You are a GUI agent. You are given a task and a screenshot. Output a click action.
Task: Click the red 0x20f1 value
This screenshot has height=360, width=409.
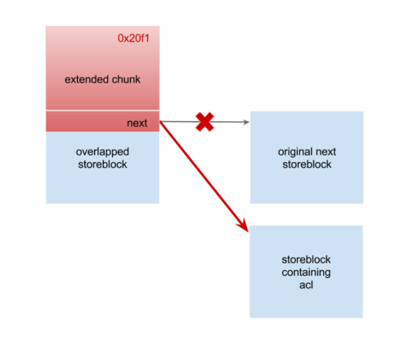pyautogui.click(x=133, y=38)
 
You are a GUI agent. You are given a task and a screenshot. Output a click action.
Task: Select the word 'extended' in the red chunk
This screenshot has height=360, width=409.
pyautogui.click(x=87, y=79)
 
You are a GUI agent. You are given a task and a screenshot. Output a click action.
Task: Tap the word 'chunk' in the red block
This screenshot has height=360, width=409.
pyautogui.click(x=126, y=79)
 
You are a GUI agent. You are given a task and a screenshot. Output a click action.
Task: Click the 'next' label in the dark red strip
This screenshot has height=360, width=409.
pyautogui.click(x=137, y=123)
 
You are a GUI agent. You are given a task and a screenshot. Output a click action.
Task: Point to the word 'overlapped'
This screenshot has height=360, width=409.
pyautogui.click(x=102, y=152)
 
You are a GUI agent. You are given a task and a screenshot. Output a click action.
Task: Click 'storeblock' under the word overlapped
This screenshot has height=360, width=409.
pyautogui.click(x=102, y=164)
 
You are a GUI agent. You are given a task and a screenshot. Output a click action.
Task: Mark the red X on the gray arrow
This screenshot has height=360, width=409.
pyautogui.click(x=204, y=122)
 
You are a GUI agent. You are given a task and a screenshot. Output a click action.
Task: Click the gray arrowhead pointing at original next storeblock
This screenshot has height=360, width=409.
pyautogui.click(x=246, y=122)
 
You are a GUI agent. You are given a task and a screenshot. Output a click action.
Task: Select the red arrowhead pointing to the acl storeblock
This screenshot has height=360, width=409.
pyautogui.click(x=243, y=226)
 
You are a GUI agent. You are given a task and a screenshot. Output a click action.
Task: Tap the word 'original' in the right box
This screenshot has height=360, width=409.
pyautogui.click(x=292, y=152)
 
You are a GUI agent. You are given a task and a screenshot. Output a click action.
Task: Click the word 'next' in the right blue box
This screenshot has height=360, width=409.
pyautogui.click(x=326, y=152)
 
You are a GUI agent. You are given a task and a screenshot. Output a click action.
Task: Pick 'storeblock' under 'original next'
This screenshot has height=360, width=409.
pyautogui.click(x=307, y=164)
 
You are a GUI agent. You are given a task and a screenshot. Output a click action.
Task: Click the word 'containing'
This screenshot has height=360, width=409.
pyautogui.click(x=306, y=272)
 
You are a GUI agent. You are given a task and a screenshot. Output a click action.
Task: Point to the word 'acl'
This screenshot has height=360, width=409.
pyautogui.click(x=306, y=285)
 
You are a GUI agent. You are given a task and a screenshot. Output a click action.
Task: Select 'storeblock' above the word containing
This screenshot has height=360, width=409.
pyautogui.click(x=306, y=259)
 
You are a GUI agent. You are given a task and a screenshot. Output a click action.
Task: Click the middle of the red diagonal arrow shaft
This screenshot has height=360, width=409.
pyautogui.click(x=204, y=177)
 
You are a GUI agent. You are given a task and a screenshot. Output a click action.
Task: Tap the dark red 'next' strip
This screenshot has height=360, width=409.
pyautogui.click(x=102, y=122)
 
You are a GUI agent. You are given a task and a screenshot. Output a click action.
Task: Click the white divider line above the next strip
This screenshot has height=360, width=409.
pyautogui.click(x=102, y=110)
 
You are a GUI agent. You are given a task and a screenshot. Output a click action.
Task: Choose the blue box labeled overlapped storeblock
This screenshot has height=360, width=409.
pyautogui.click(x=102, y=168)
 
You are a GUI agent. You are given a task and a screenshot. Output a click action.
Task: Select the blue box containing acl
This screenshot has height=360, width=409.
pyautogui.click(x=306, y=272)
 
